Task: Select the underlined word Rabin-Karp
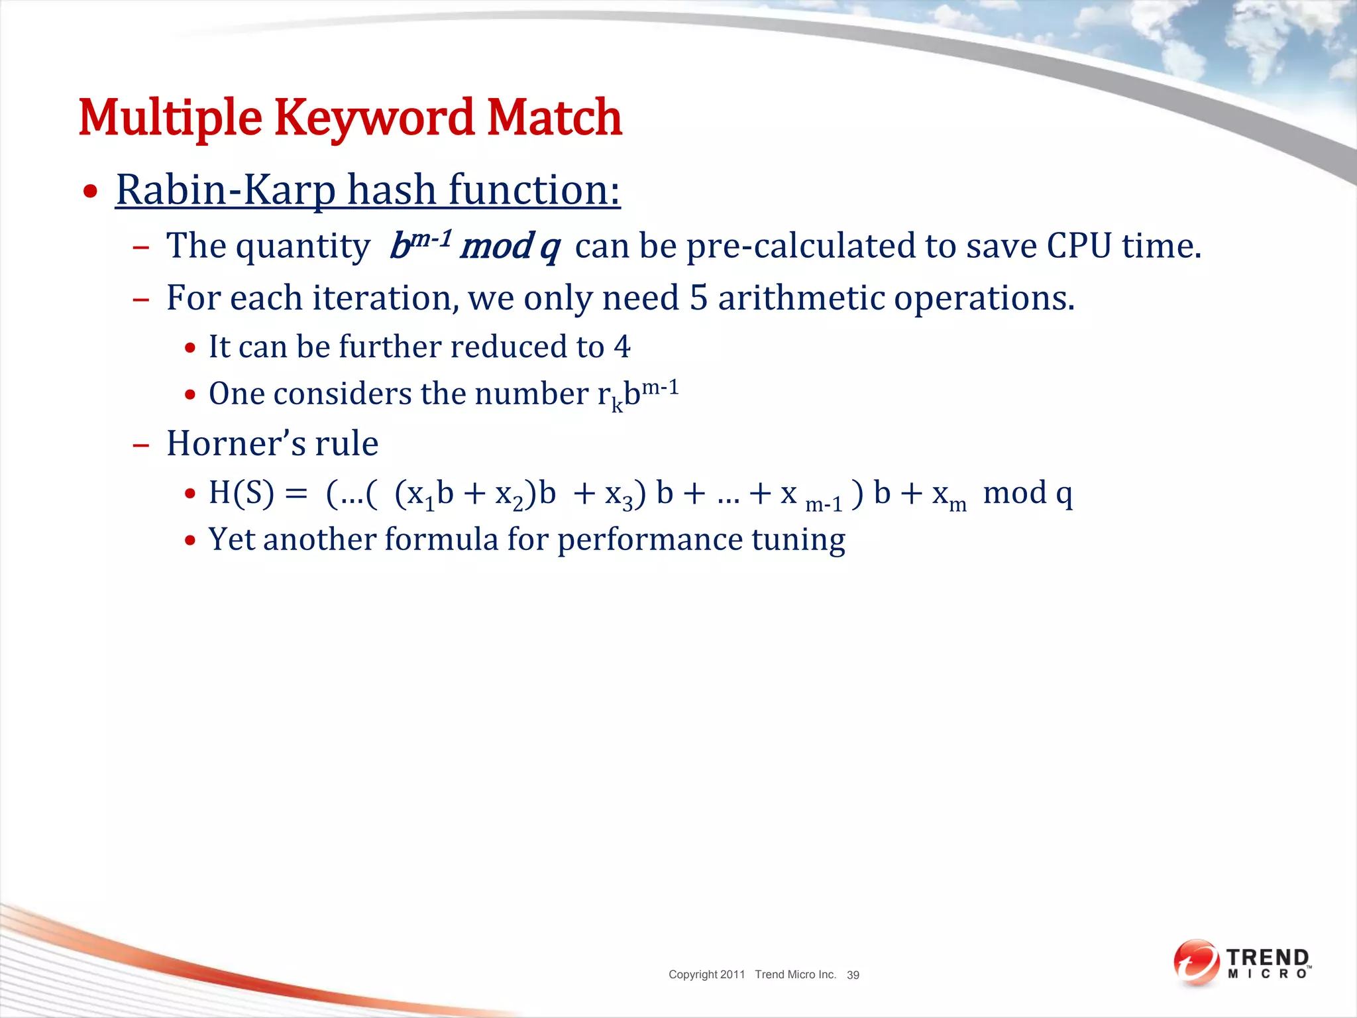(x=226, y=190)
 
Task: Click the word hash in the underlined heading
(x=392, y=190)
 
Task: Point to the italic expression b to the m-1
(x=420, y=245)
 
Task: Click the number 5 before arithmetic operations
(x=698, y=298)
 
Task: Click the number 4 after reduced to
(x=622, y=347)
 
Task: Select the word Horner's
(x=235, y=443)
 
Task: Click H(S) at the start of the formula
(x=241, y=493)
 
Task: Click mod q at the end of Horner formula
(x=1027, y=493)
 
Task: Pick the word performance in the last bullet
(x=649, y=539)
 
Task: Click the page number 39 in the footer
(x=853, y=975)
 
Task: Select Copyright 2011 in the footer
(x=706, y=974)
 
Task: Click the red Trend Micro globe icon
(x=1196, y=962)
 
